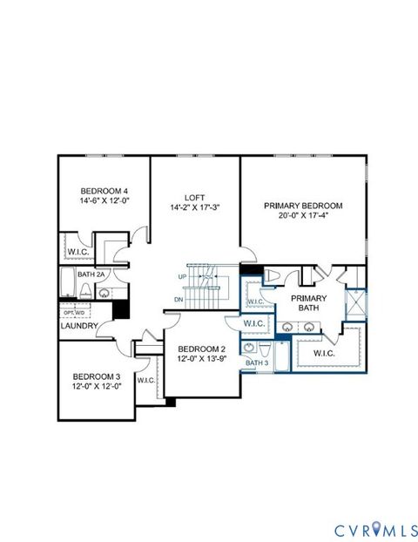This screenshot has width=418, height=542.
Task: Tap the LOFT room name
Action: click(x=193, y=197)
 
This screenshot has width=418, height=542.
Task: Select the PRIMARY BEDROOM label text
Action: click(x=303, y=207)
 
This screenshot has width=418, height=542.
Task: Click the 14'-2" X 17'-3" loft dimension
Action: click(x=193, y=208)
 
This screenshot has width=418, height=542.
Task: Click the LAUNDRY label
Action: click(x=79, y=326)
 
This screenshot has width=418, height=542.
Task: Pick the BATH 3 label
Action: click(x=255, y=362)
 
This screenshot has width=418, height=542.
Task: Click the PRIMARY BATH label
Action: click(x=309, y=303)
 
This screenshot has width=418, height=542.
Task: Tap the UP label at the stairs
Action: click(x=182, y=276)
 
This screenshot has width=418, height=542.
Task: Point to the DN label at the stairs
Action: click(x=179, y=299)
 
